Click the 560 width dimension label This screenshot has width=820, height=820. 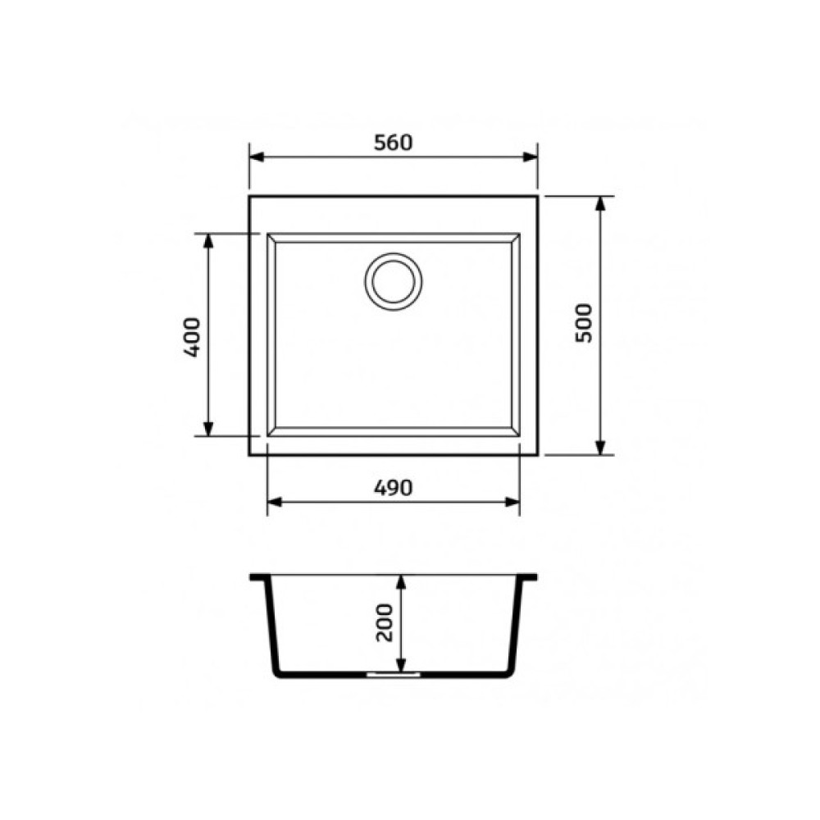394,142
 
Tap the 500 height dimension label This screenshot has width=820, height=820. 584,323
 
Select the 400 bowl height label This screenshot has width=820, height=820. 192,337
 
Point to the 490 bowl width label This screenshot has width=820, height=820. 394,488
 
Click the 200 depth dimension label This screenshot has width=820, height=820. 385,622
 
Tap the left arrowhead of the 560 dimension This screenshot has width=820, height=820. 256,157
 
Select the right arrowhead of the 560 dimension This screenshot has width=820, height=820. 531,157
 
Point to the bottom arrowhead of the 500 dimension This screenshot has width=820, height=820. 601,448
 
